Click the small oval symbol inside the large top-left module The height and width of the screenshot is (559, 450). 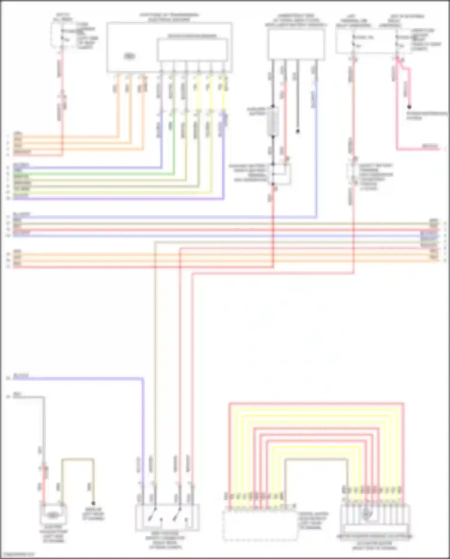130,56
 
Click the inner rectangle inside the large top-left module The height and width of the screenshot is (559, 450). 192,50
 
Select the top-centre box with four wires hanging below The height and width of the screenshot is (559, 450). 296,44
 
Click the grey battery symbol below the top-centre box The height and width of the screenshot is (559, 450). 273,121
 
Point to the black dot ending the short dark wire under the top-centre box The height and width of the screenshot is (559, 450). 298,131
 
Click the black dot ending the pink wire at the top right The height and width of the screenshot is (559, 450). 409,107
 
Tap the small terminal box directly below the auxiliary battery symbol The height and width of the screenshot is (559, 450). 281,174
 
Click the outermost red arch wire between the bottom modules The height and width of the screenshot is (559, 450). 315,403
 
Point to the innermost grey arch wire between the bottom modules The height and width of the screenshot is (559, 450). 315,459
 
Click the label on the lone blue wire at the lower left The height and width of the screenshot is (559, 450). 21,376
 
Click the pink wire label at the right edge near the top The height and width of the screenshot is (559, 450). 430,146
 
